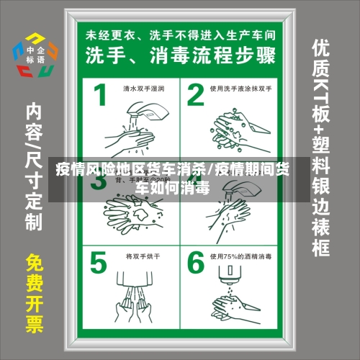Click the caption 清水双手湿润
[x=143, y=89]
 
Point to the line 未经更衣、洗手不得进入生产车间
[x=180, y=33]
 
